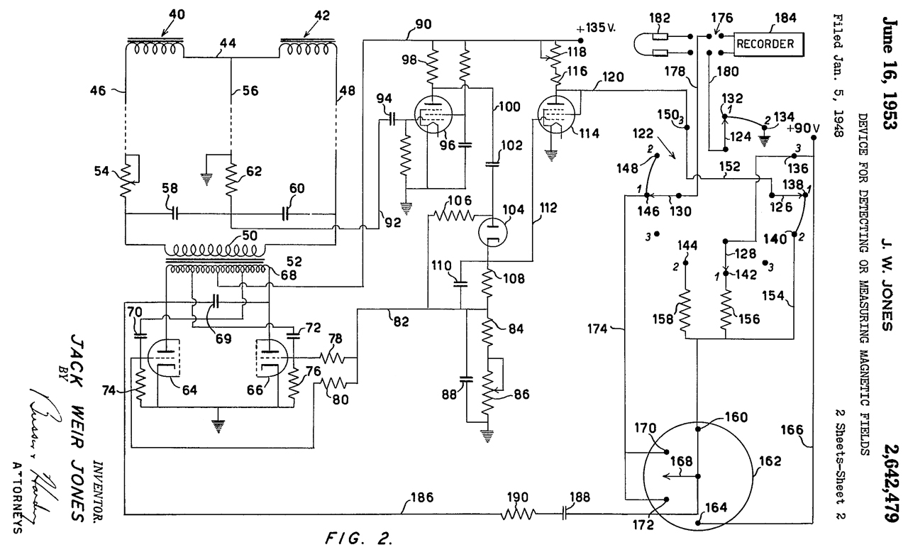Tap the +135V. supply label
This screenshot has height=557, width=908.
(599, 29)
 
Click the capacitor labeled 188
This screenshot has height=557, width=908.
(565, 512)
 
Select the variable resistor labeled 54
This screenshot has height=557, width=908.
(126, 177)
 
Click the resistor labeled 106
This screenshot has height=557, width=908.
(453, 214)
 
